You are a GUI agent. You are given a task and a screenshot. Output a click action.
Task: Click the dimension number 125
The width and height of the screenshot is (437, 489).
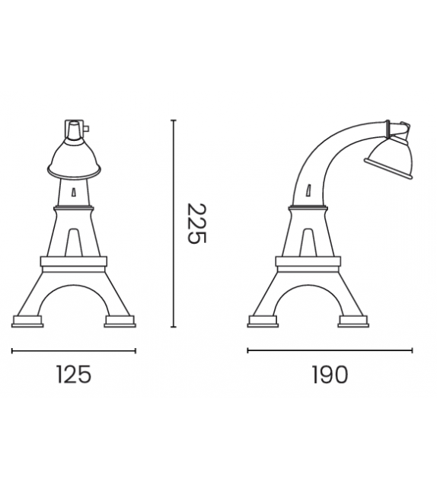(74, 375)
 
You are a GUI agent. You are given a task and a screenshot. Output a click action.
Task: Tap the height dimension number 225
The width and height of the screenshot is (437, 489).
(196, 223)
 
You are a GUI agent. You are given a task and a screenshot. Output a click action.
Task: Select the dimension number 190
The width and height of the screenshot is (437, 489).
(329, 375)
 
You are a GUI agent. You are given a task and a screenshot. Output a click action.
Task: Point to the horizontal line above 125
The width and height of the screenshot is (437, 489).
(74, 350)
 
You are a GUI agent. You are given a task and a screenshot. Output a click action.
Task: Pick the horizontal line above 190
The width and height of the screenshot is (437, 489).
(330, 350)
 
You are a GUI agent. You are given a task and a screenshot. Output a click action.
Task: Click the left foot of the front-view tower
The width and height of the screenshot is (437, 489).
(29, 321)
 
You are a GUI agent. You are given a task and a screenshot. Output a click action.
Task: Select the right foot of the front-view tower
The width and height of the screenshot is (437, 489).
(120, 321)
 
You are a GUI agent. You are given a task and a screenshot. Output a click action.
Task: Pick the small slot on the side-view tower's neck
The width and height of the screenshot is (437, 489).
(310, 190)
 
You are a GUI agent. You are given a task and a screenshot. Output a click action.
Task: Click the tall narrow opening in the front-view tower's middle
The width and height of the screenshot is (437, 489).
(74, 242)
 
